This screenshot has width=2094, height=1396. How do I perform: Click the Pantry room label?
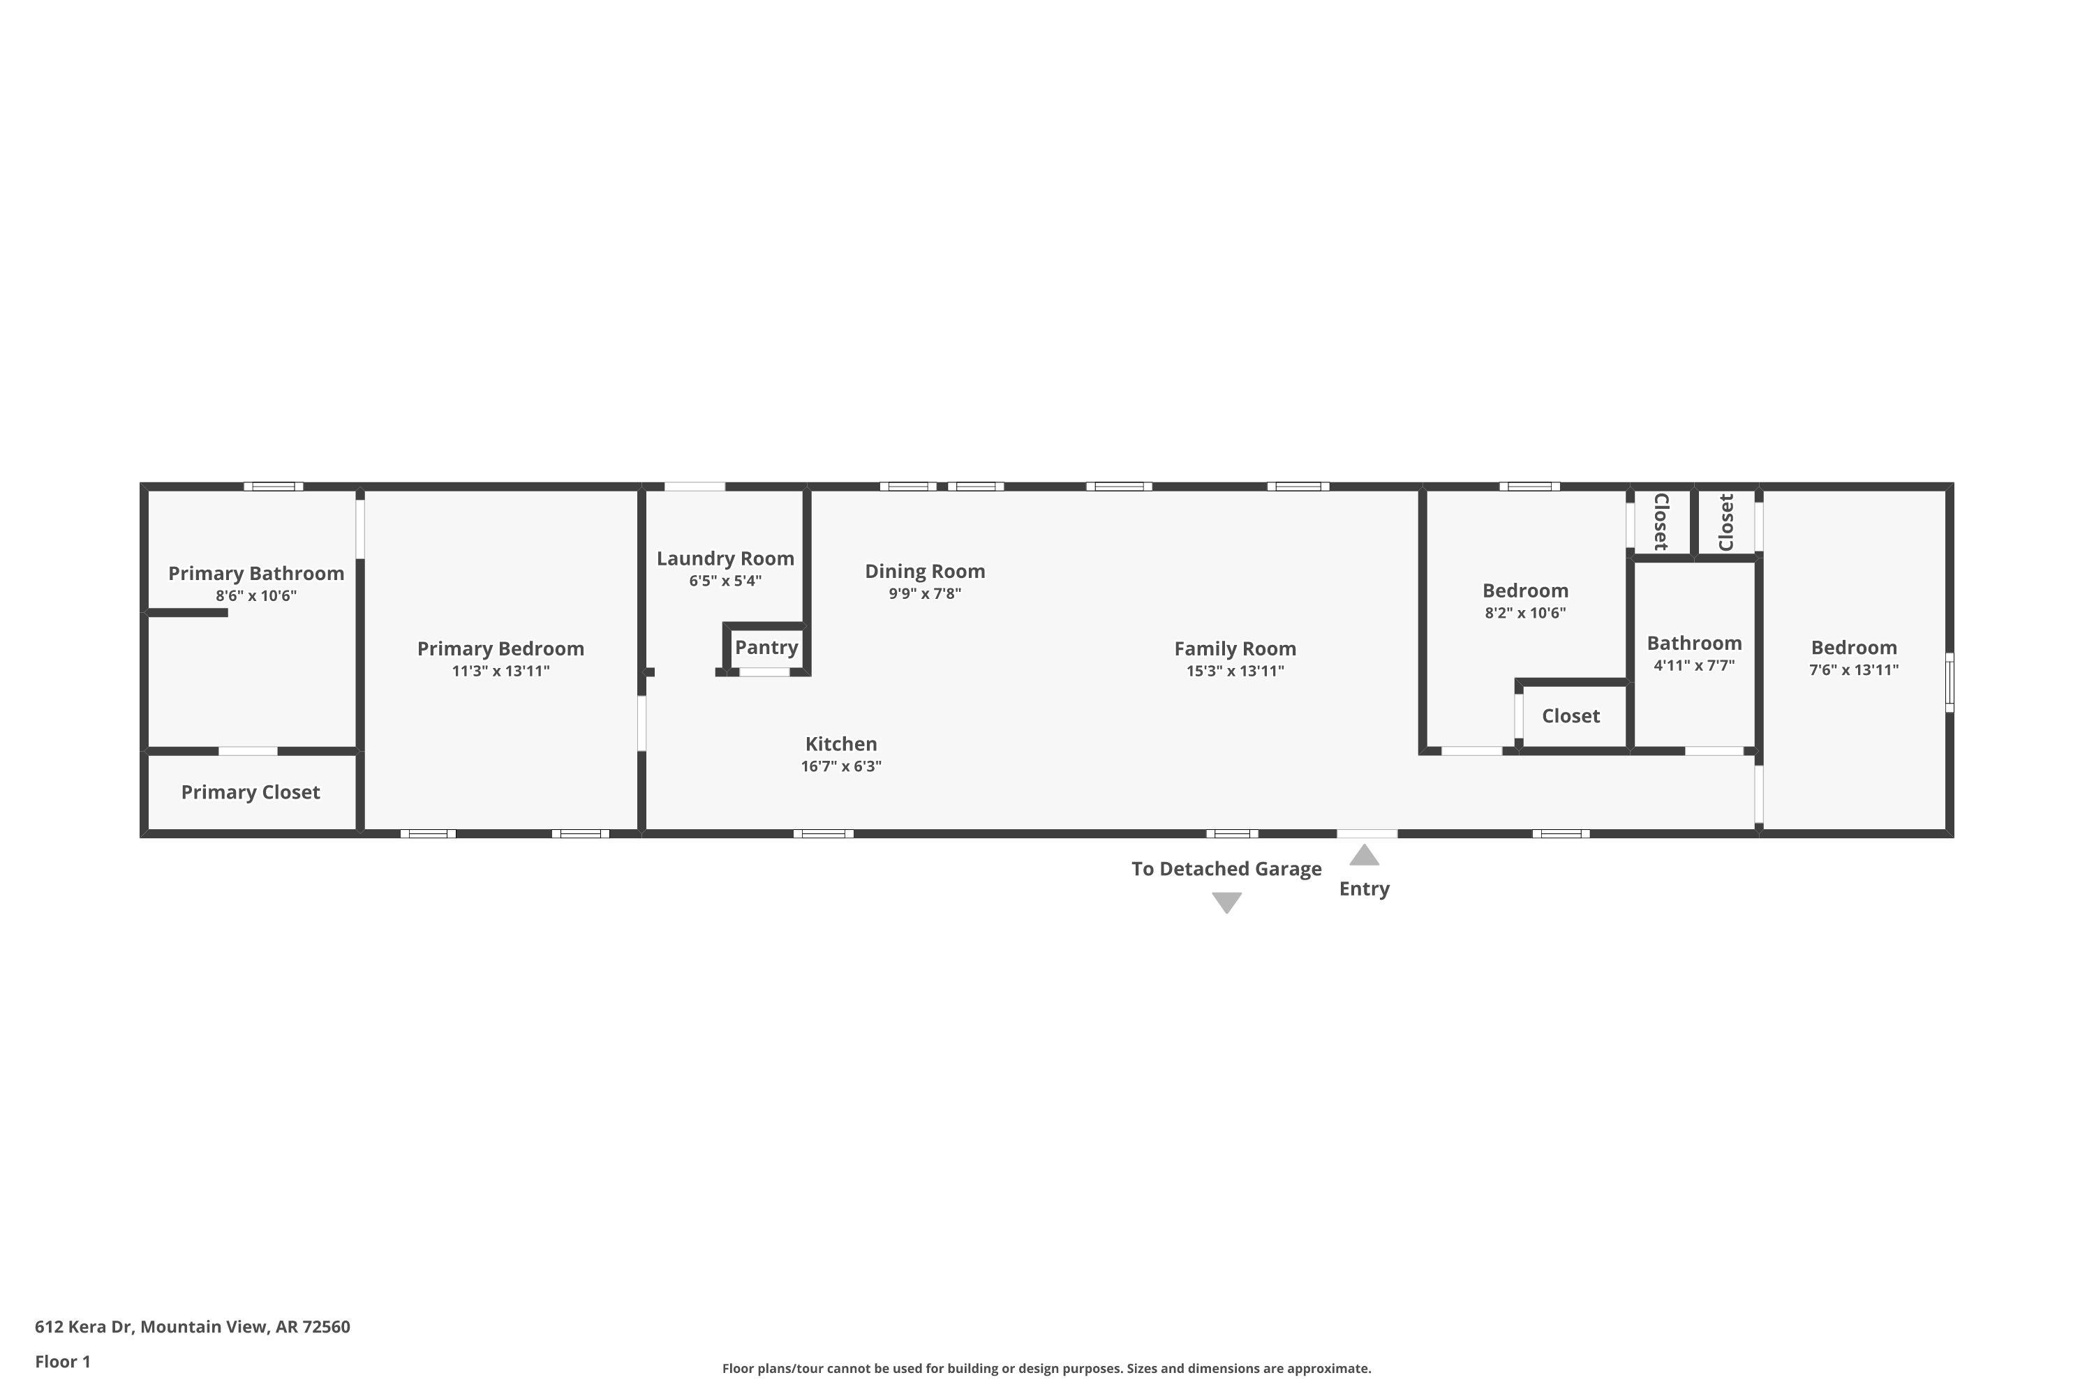point(766,647)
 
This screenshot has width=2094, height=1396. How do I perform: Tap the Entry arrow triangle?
point(1364,856)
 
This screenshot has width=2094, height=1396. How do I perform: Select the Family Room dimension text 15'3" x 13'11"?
point(1235,671)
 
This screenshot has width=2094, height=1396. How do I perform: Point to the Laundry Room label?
point(725,558)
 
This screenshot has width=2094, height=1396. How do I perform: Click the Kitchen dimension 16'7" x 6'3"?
point(840,766)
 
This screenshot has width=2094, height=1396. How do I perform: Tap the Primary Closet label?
point(250,792)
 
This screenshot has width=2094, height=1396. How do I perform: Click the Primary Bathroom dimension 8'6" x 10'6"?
point(255,595)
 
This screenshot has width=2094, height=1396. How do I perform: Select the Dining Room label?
point(924,571)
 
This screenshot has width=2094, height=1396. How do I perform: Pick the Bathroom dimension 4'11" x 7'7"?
point(1693,665)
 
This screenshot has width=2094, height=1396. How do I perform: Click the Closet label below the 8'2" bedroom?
point(1570,716)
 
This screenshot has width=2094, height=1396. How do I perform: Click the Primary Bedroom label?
point(500,648)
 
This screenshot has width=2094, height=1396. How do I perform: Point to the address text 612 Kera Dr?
point(193,1327)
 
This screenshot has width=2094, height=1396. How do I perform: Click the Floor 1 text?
point(62,1361)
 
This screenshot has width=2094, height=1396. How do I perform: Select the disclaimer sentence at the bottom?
point(1046,1368)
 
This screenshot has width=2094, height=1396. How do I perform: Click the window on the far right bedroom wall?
point(1949,682)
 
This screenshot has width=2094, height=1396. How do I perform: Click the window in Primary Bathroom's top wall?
point(274,486)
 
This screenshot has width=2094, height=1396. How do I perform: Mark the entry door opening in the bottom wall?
point(1367,833)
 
